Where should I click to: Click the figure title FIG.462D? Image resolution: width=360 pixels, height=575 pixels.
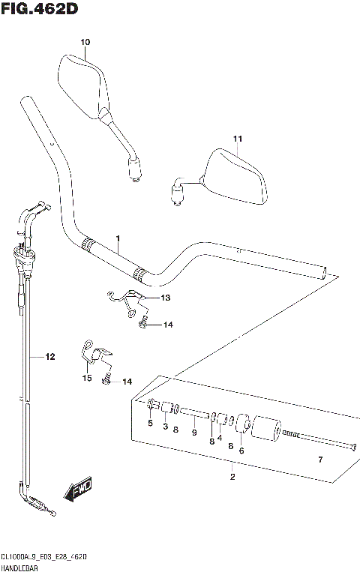pyautogui.click(x=40, y=9)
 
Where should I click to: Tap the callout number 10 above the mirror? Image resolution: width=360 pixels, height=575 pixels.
pyautogui.click(x=84, y=42)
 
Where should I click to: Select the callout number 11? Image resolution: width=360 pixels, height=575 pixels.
pyautogui.click(x=238, y=139)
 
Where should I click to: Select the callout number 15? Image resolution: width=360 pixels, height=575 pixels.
pyautogui.click(x=87, y=379)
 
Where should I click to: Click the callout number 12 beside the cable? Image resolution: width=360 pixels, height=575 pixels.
pyautogui.click(x=50, y=358)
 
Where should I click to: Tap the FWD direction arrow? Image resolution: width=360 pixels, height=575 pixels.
pyautogui.click(x=78, y=491)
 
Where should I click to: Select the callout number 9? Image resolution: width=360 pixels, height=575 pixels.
pyautogui.click(x=194, y=432)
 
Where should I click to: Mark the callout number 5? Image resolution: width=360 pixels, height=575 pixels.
pyautogui.click(x=150, y=424)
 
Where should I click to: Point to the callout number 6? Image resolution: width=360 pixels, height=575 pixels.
pyautogui.click(x=241, y=451)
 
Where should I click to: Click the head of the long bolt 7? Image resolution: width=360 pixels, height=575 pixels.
pyautogui.click(x=351, y=448)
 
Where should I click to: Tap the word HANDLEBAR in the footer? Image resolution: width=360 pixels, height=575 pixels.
pyautogui.click(x=20, y=569)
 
